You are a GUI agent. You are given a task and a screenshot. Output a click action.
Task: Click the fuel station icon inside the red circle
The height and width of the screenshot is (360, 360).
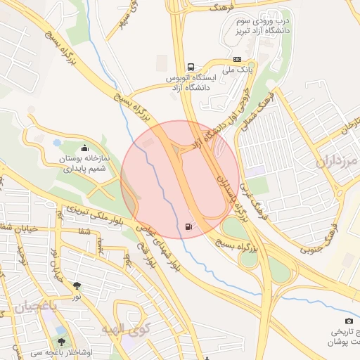click(188, 226)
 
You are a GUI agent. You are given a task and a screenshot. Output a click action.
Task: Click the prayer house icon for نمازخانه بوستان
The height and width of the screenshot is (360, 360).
click(85, 148)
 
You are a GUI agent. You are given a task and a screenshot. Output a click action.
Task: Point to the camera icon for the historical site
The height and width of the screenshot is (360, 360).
click(330, 321)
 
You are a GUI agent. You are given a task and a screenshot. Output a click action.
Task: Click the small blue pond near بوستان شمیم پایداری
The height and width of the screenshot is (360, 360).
click(57, 142)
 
